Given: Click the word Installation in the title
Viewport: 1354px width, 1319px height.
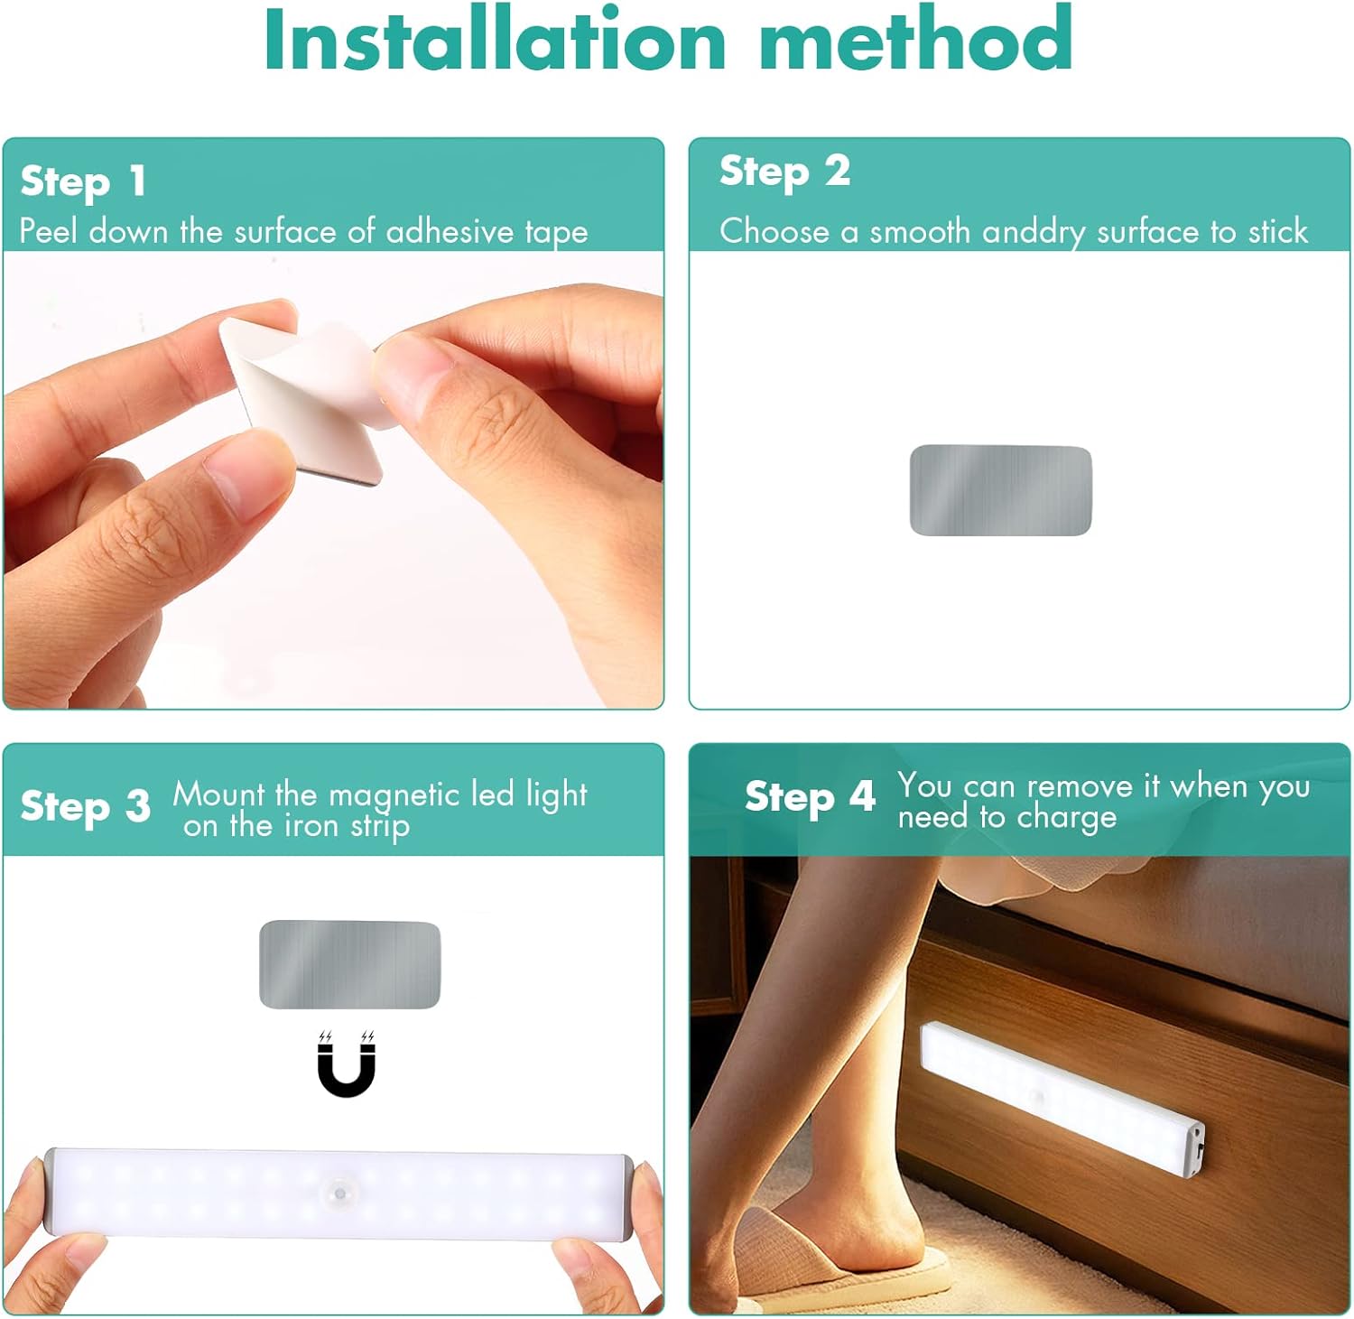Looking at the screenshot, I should [x=495, y=41].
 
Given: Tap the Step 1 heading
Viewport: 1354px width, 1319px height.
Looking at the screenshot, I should [x=83, y=181].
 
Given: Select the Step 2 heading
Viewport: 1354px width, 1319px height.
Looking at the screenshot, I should [x=784, y=172].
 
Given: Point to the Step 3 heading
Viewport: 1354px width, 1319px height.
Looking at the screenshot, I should [x=85, y=806].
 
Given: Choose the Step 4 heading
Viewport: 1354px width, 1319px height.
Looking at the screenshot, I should [x=810, y=797].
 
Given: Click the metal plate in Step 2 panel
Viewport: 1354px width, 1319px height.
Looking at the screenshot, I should [x=1000, y=490].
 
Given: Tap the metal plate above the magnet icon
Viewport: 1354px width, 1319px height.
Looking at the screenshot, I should [x=349, y=964].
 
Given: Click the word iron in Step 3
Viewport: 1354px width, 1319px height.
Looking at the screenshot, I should [x=310, y=826].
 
